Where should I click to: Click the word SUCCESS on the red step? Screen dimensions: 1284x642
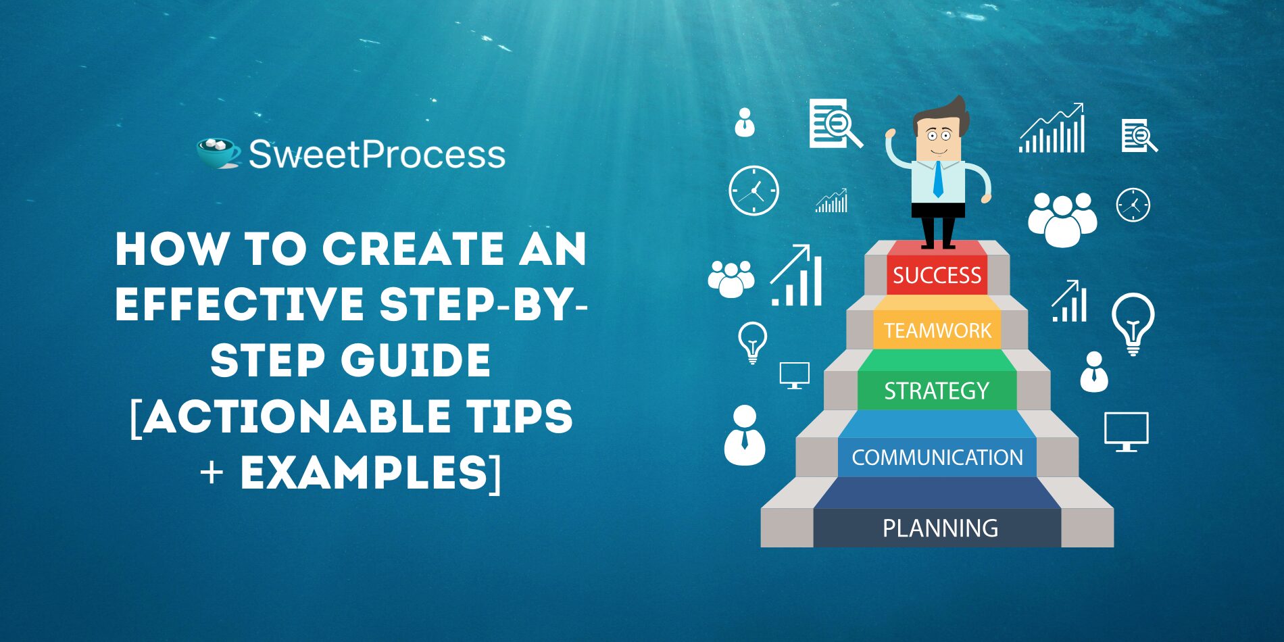click(937, 275)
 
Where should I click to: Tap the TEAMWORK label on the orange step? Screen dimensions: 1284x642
click(937, 330)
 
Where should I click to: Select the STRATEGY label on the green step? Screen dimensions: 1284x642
click(937, 391)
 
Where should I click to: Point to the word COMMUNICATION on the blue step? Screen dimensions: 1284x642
click(937, 458)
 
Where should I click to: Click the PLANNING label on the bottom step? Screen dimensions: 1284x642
click(940, 528)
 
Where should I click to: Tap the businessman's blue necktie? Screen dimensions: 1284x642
click(938, 179)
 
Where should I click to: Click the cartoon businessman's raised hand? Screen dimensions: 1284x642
click(891, 134)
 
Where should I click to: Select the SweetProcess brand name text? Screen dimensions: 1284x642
click(377, 154)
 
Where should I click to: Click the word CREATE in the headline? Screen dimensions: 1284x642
click(413, 249)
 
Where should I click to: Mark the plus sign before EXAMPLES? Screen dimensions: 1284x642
click(212, 472)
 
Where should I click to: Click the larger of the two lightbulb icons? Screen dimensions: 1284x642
click(1133, 324)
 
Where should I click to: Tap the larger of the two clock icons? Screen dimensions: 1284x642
click(754, 191)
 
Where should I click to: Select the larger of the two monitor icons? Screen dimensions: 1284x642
click(1126, 431)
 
